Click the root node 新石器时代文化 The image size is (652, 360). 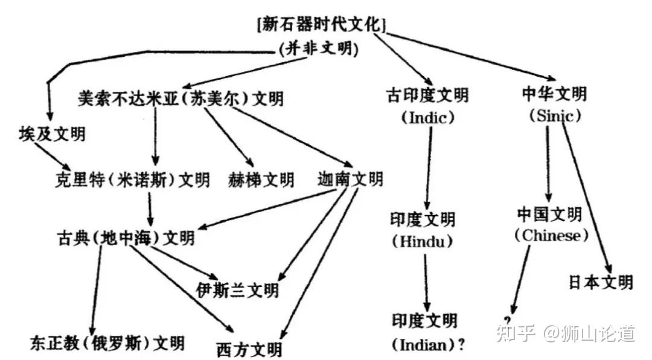(321, 25)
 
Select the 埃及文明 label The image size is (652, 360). (52, 133)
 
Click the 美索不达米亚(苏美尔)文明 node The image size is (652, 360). (181, 98)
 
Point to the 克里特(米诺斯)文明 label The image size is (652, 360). (131, 179)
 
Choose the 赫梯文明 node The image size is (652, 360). (261, 179)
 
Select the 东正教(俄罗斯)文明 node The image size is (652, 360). (107, 343)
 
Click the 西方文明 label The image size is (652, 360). (249, 349)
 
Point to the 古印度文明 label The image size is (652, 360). (427, 95)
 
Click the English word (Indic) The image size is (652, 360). (427, 118)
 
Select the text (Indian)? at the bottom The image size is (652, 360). (428, 345)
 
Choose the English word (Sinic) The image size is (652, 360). (554, 115)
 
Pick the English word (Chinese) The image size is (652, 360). (551, 236)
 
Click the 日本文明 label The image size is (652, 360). (601, 282)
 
